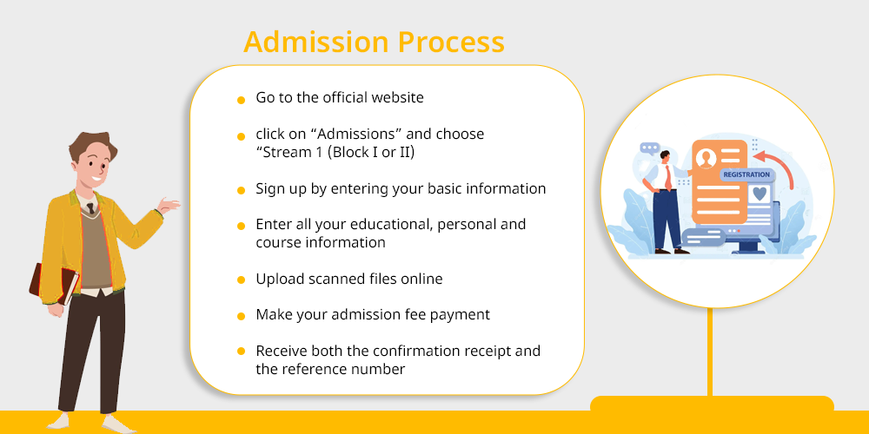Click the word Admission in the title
[316, 42]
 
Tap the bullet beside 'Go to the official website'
[241, 100]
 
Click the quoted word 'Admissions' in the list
[362, 134]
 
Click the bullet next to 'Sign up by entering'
[241, 190]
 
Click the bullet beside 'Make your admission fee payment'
[241, 317]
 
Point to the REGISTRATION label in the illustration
[746, 174]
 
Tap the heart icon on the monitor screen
[760, 194]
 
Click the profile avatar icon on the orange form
[706, 158]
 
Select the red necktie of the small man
[668, 178]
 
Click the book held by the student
[54, 284]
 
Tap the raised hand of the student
[169, 206]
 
